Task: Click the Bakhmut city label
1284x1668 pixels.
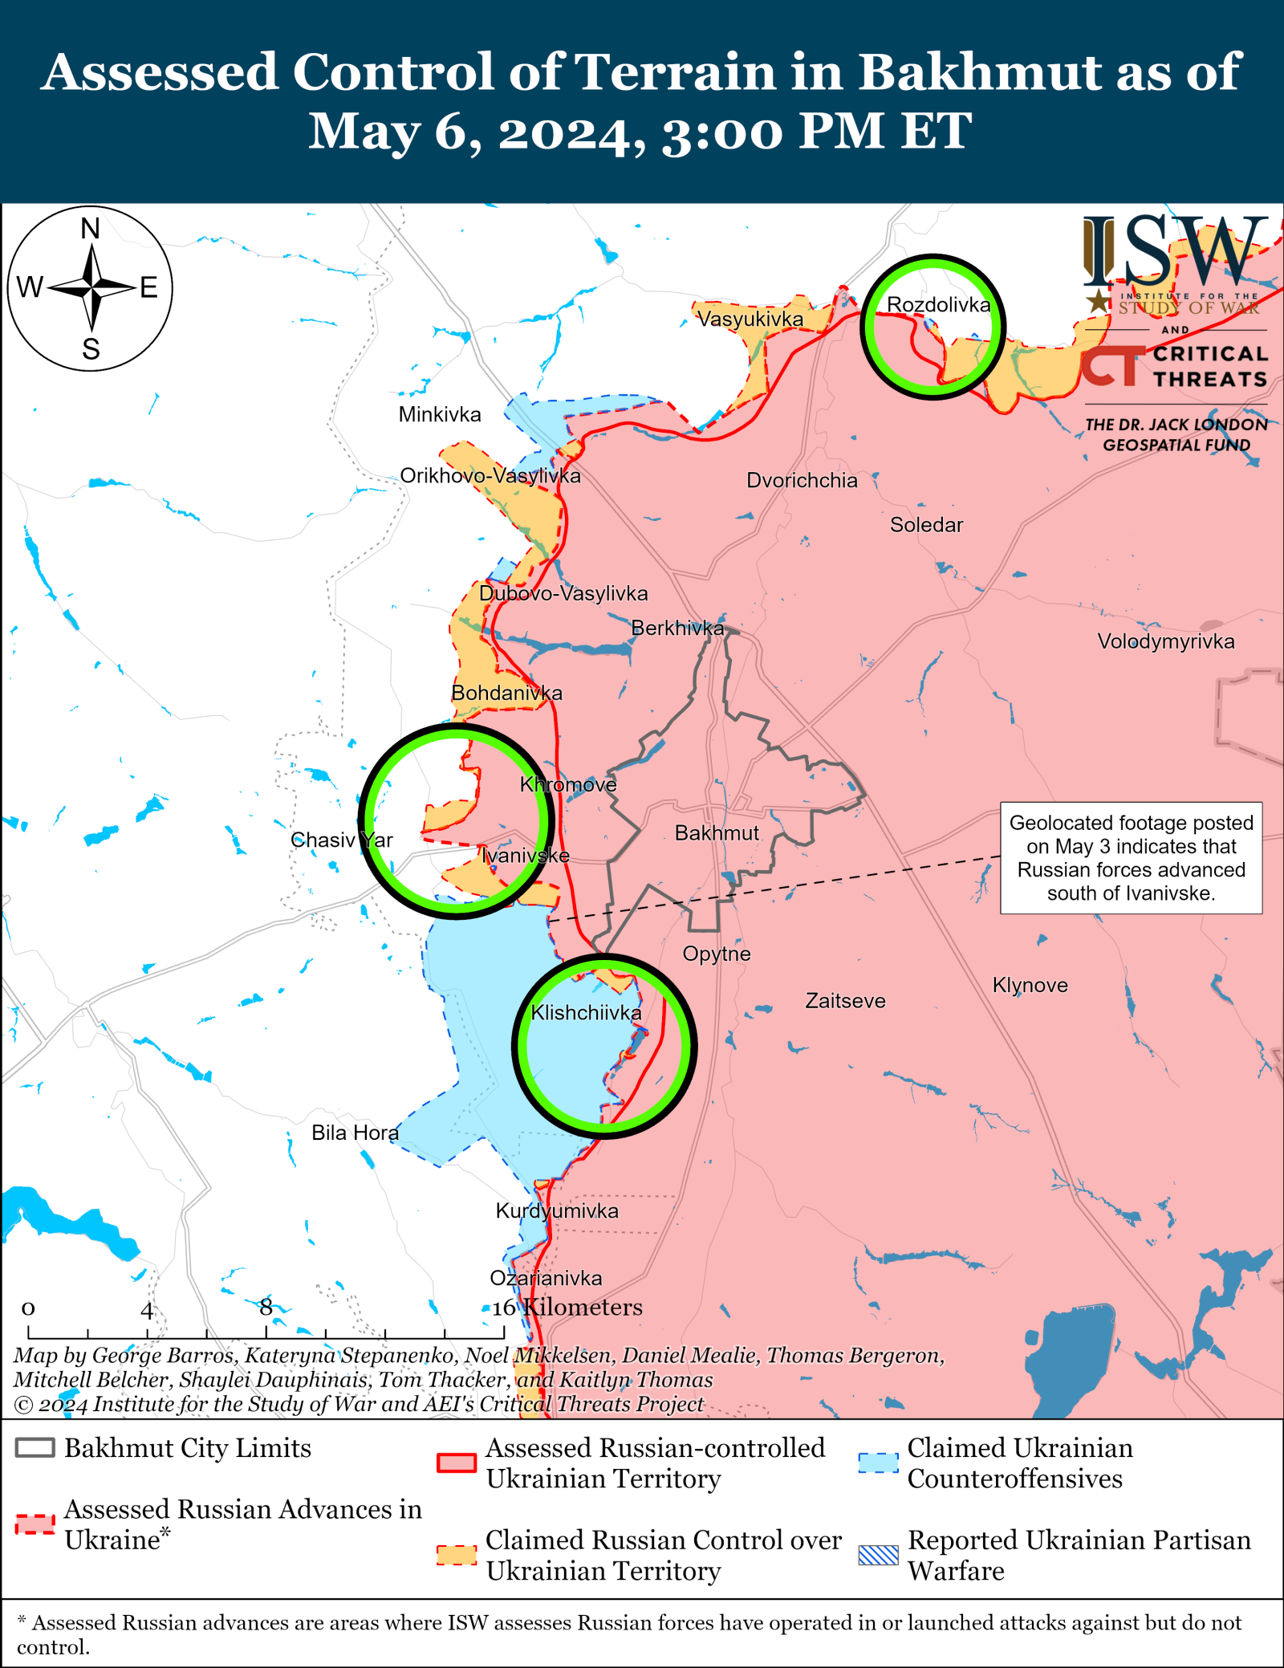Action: pos(716,833)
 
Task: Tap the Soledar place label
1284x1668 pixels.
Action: pos(926,525)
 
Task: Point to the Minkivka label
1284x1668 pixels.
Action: pos(440,414)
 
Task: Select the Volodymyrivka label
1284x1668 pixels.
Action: pos(1165,641)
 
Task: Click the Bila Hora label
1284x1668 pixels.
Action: pos(355,1133)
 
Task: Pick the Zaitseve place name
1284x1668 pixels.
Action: pos(845,1001)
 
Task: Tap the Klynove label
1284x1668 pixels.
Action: pos(1030,985)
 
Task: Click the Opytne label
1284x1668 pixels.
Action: pos(717,954)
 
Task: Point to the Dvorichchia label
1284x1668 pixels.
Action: pos(802,480)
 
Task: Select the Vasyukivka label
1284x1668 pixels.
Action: pos(750,319)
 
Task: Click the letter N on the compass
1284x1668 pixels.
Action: pos(91,229)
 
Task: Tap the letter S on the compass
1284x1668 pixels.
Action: pos(91,349)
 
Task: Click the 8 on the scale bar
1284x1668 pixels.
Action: pos(266,1307)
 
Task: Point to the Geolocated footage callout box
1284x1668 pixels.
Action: pos(1131,857)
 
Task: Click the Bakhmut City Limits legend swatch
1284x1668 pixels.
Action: pos(35,1448)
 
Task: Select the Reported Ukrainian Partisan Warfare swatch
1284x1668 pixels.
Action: pos(878,1555)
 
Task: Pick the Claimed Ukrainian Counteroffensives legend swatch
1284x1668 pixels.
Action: pos(878,1463)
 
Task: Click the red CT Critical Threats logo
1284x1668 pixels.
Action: pos(1111,366)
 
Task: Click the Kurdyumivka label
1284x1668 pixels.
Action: pos(557,1210)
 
